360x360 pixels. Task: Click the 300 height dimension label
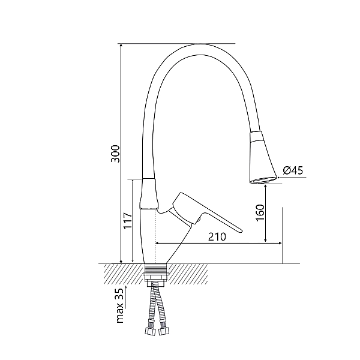[x=115, y=154]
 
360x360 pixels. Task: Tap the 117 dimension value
[x=128, y=221]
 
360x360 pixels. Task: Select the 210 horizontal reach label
[x=217, y=237]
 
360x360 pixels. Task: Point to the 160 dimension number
[x=260, y=212]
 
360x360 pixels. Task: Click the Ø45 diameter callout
[x=293, y=170]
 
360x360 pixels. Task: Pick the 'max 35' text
[x=120, y=305]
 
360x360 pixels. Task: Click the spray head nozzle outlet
[x=263, y=181]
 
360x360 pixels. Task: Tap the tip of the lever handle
[x=241, y=230]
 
